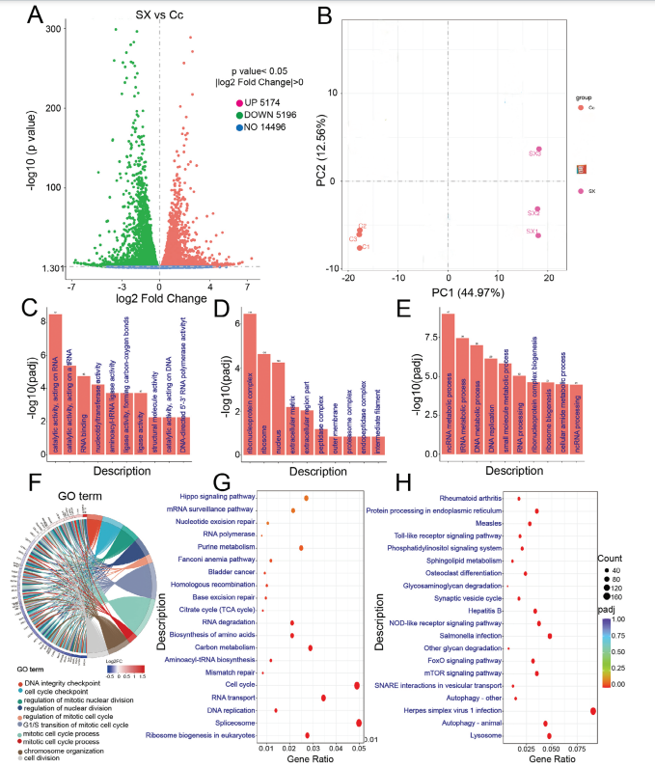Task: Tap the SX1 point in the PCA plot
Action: (x=538, y=235)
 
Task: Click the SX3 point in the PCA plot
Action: (x=539, y=150)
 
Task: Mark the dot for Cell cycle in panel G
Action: (x=356, y=684)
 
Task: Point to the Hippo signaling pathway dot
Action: (x=306, y=498)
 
